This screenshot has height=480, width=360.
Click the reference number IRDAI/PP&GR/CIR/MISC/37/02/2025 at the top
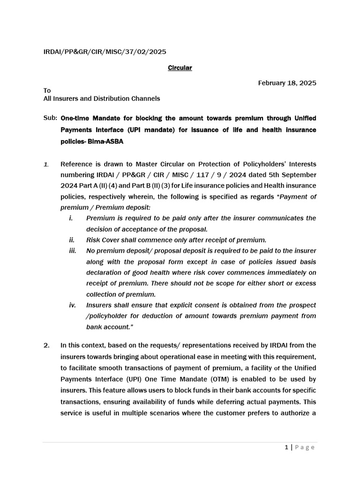105,52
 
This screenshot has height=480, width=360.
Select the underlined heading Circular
180,68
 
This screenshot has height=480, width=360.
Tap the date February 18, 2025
287,83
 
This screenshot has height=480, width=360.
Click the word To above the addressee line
47,90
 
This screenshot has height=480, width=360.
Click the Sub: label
50,118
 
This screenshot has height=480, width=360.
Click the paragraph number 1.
46,164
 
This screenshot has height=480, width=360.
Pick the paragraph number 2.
46,345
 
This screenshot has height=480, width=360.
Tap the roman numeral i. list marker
71,218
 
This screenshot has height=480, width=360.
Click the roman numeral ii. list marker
72,240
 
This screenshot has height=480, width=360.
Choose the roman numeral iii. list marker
72,251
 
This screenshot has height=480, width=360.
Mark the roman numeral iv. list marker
72,305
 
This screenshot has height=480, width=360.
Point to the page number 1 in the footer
286,447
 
